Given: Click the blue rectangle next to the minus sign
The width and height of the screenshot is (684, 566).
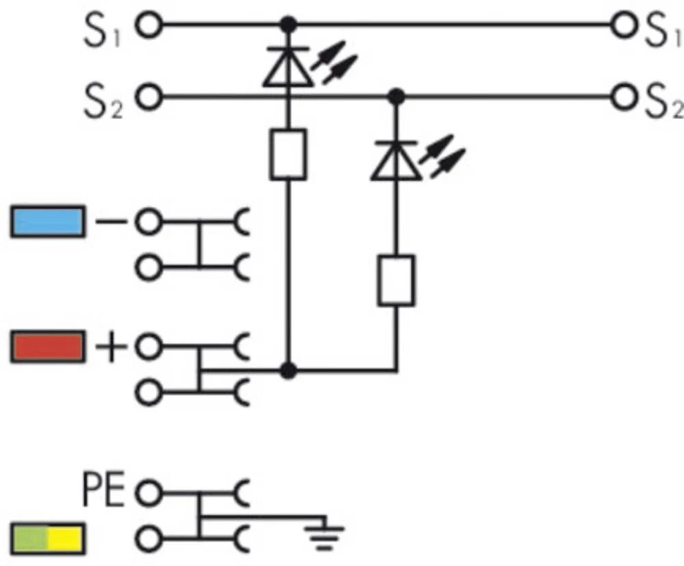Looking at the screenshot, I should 48,222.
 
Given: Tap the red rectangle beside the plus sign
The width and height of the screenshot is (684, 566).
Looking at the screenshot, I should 48,346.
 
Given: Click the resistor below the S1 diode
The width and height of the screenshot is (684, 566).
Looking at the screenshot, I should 288,155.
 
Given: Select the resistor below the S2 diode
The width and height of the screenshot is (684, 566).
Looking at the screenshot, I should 396,281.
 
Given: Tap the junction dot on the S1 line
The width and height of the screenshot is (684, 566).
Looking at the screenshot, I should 289,26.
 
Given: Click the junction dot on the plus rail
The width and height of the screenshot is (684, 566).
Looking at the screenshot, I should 289,371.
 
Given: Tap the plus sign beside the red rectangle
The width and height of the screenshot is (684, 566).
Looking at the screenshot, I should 111,347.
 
